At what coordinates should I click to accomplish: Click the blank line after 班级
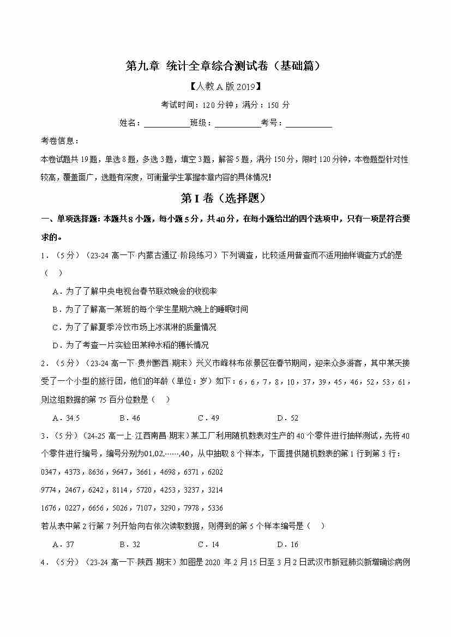(x=237, y=123)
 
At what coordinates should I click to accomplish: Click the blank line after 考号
(x=309, y=123)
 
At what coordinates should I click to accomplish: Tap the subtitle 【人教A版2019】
(x=225, y=86)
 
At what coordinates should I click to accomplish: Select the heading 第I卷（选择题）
(x=225, y=199)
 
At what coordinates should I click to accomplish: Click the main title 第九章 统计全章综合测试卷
(x=225, y=66)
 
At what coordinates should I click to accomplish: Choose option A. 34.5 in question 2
(x=66, y=418)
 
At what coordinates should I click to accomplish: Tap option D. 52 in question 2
(x=287, y=418)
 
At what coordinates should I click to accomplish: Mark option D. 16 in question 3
(x=287, y=544)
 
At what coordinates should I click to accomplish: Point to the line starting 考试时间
(x=225, y=105)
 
